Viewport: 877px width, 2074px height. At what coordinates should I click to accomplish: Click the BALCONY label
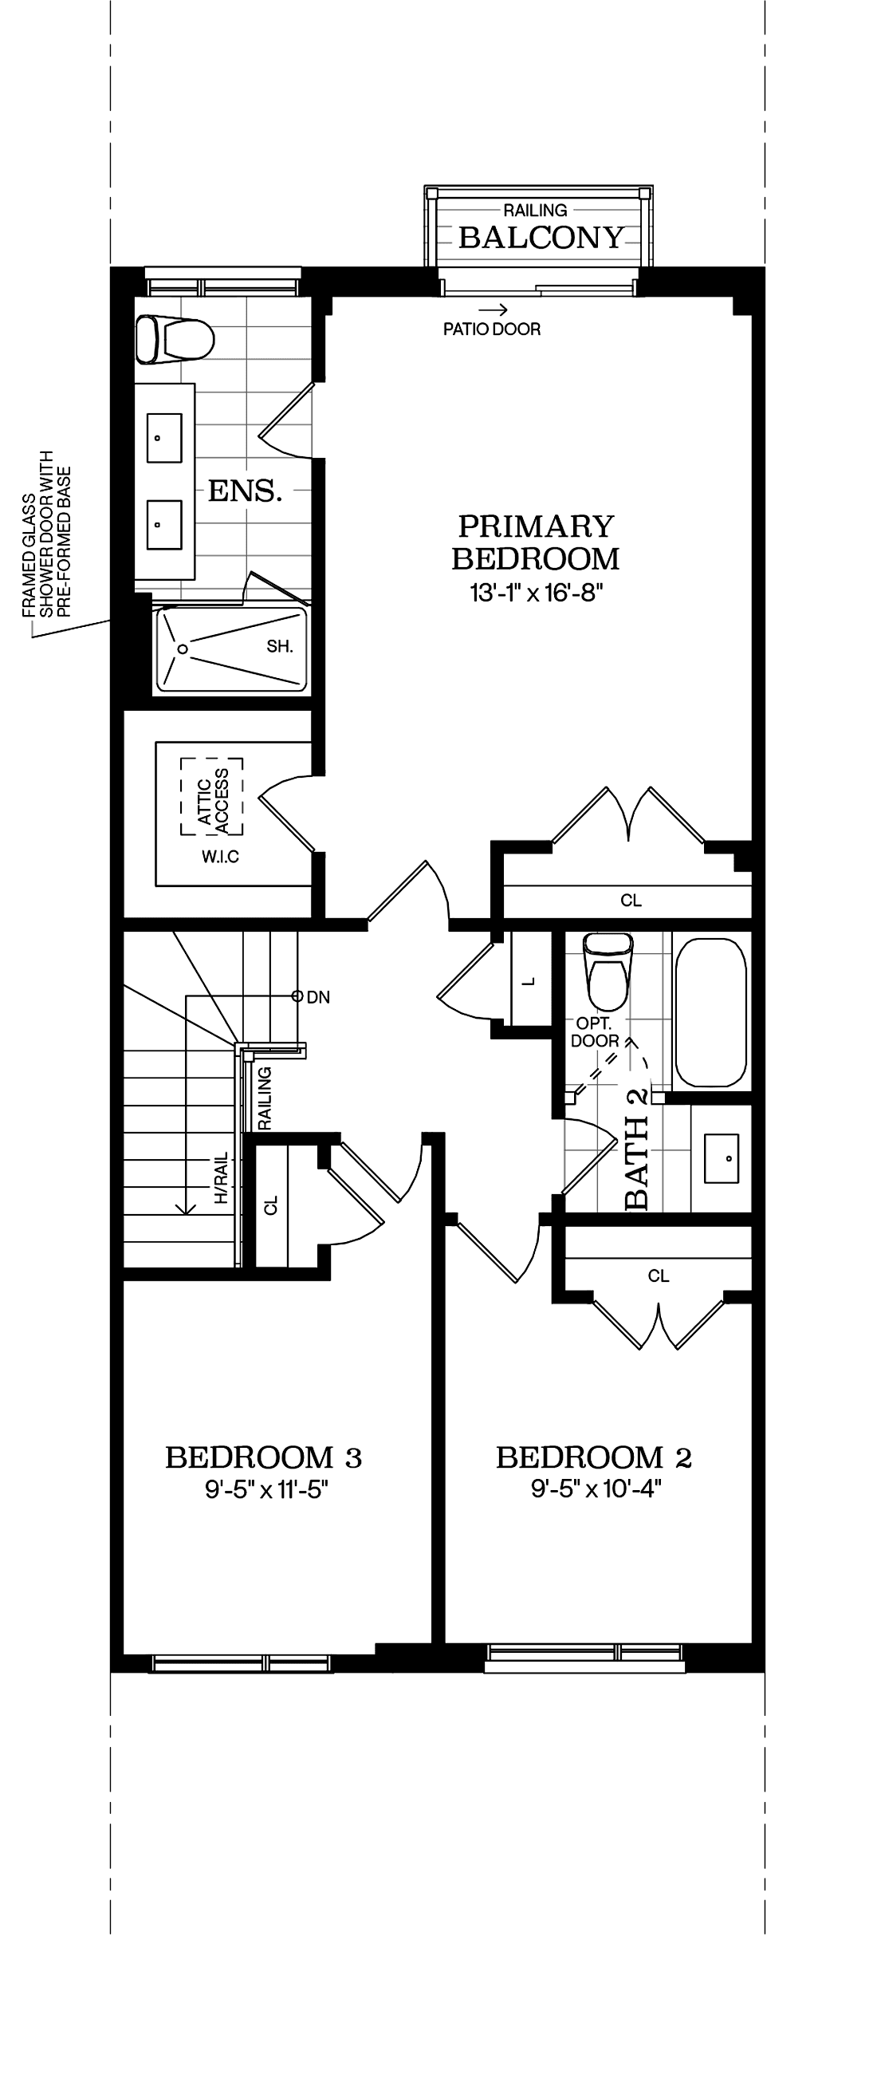pos(541,238)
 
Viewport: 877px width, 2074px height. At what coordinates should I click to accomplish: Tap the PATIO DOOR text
pos(492,329)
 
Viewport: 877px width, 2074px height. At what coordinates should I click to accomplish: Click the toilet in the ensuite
pos(174,339)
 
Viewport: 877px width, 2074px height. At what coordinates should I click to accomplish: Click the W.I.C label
pos(221,857)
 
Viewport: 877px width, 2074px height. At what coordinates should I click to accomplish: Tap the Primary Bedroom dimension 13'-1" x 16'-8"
pos(536,593)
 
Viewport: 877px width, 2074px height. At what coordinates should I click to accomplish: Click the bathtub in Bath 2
pos(710,1013)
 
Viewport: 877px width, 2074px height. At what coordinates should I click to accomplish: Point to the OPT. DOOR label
pos(595,1032)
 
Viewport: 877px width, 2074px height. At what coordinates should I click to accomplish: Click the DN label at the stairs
pos(318,998)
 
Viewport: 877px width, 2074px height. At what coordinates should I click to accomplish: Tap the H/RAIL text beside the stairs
pos(222,1180)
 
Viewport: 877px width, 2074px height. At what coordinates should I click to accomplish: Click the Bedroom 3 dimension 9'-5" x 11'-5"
pos(266,1490)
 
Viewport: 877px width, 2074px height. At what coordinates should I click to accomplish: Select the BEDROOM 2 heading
pos(593,1457)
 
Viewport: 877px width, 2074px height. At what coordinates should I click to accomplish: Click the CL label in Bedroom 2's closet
pos(659,1276)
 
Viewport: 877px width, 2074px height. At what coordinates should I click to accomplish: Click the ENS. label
pos(245,491)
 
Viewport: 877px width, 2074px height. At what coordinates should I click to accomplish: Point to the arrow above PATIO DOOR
pos(493,310)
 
